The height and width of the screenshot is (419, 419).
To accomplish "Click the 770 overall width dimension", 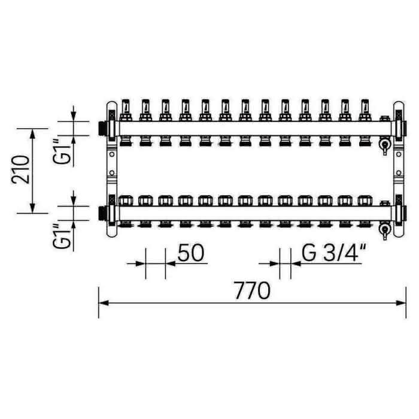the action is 252,291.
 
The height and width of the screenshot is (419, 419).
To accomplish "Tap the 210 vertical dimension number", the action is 20,169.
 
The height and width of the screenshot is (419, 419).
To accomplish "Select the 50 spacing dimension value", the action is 191,253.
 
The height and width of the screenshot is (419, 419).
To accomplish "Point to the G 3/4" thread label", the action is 334,253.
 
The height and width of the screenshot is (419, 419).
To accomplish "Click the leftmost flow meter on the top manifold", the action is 126,110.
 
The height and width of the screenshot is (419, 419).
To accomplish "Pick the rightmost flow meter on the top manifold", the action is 365,110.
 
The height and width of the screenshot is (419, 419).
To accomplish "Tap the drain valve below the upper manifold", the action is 385,145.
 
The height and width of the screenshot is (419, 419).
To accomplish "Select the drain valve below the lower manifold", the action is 385,230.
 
